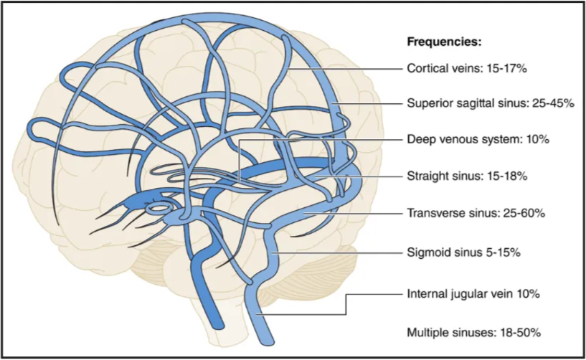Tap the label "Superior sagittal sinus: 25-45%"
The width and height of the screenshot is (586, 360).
coord(490,103)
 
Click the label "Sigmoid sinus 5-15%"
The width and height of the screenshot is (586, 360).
coord(464,253)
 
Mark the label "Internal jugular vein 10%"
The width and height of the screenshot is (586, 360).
coord(473,294)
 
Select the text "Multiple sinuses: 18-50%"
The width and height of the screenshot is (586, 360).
coord(473,332)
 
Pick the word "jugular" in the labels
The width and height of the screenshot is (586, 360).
coord(471,294)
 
